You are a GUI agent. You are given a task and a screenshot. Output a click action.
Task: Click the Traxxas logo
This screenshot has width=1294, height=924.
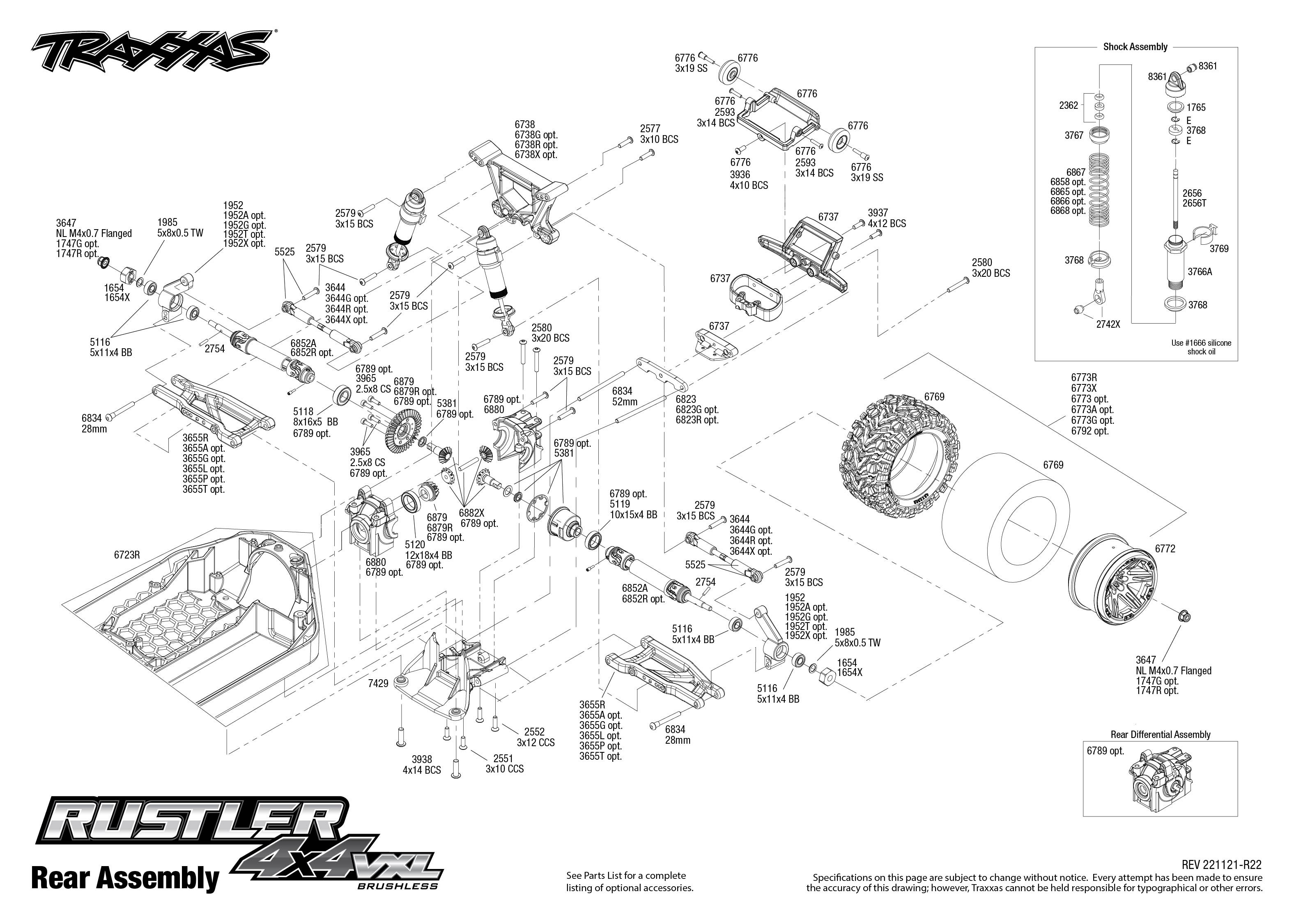point(151,54)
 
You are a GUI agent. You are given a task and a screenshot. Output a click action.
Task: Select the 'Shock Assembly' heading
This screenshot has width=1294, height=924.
point(1135,47)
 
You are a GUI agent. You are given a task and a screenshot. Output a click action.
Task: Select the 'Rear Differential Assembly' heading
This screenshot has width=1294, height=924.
point(1161,735)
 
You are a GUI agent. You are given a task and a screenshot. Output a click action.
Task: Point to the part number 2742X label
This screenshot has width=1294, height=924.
point(1108,324)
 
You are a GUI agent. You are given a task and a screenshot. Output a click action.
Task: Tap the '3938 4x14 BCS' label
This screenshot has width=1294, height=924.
point(421,765)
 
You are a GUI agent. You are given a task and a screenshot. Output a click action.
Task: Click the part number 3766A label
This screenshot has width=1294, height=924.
point(1200,272)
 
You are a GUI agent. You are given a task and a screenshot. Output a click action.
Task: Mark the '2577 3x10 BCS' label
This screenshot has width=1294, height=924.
point(659,134)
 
